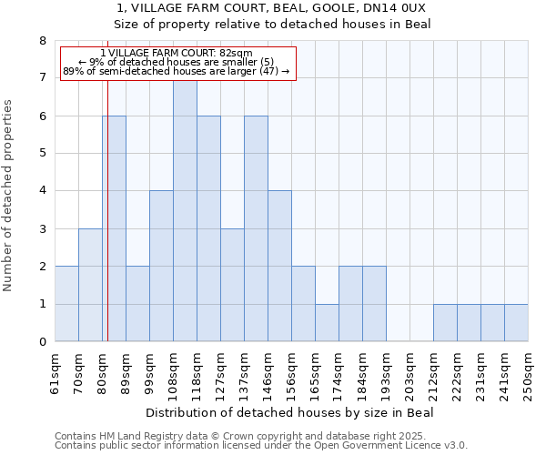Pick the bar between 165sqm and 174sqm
[x=327, y=323]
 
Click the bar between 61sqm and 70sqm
[x=66, y=304]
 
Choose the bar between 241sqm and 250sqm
[x=516, y=323]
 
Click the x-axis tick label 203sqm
[x=410, y=373]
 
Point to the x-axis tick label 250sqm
[x=529, y=373]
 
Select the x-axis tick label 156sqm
[x=292, y=373]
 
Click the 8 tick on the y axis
[x=42, y=41]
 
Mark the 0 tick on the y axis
[x=42, y=342]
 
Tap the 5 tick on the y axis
[x=42, y=154]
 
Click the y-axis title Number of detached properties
[x=9, y=196]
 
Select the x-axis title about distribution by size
[x=289, y=412]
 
